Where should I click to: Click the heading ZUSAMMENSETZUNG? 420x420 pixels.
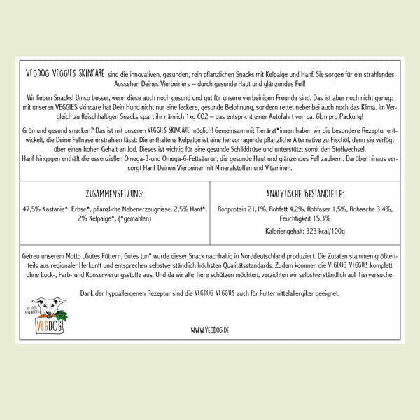113,193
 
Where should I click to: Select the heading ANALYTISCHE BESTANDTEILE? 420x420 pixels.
304,193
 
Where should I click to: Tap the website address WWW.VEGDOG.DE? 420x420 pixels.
210,328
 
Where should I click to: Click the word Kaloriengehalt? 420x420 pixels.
284,231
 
